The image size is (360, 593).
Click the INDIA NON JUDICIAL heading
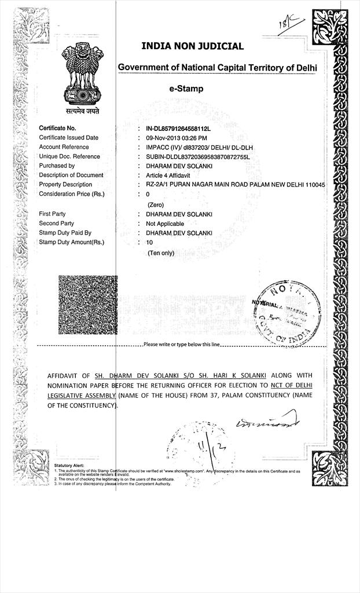point(193,46)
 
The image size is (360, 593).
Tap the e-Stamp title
point(181,89)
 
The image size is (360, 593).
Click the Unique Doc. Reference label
point(69,156)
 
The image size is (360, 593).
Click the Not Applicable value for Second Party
point(165,224)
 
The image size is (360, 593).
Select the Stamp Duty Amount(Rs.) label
point(72,242)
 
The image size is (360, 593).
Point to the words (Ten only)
point(161,253)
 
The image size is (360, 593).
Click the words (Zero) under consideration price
point(156,205)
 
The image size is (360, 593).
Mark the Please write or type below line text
point(182,345)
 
